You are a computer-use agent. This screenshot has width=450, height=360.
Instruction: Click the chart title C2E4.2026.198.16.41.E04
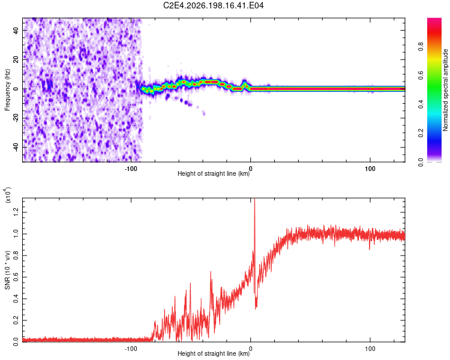click(213, 5)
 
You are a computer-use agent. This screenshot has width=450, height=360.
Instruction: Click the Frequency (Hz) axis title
click(7, 90)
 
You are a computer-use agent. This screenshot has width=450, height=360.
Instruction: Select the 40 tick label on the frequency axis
click(16, 31)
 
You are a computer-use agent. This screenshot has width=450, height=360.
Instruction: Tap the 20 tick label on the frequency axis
click(16, 60)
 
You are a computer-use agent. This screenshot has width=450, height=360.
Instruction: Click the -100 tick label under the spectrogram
click(131, 169)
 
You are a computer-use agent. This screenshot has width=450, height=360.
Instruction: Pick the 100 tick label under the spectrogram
click(370, 169)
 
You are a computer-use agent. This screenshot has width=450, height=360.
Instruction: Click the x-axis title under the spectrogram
click(214, 173)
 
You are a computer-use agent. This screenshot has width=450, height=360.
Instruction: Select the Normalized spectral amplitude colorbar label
click(445, 90)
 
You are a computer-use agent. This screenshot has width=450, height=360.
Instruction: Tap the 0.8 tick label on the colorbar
click(421, 47)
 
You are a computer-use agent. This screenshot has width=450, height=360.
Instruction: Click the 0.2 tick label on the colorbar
click(421, 133)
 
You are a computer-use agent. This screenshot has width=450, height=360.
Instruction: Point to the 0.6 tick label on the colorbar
click(421, 75)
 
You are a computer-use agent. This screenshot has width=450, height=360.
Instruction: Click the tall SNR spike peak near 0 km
click(254, 199)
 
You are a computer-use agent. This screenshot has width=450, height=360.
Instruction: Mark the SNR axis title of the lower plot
click(7, 270)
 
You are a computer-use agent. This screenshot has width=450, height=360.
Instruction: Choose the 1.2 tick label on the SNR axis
click(16, 212)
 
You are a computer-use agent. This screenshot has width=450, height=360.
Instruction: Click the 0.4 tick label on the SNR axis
click(16, 299)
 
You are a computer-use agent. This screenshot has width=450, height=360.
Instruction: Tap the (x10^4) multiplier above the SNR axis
click(8, 194)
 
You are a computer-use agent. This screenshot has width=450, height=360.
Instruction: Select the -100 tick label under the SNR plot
click(131, 349)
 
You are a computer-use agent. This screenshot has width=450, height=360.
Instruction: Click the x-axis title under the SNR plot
click(214, 353)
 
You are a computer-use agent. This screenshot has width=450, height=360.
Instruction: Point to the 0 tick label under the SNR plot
click(251, 349)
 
